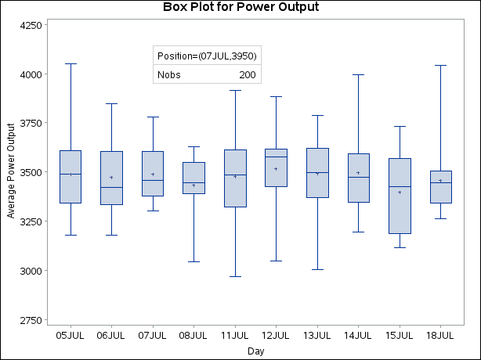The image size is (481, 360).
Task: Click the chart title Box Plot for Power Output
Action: [240, 8]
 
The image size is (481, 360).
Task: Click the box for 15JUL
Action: [400, 196]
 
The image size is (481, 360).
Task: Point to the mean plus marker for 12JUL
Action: [276, 169]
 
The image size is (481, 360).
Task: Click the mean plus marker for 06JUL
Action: [111, 178]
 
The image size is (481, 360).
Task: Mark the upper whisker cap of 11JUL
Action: [235, 90]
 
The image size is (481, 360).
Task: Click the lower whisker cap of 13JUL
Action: [317, 269]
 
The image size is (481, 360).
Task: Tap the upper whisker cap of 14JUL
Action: [358, 75]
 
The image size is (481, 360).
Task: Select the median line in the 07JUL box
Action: [153, 180]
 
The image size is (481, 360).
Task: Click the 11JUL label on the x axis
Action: [235, 335]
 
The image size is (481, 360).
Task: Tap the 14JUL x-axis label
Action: [358, 335]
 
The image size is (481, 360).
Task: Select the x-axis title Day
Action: [255, 351]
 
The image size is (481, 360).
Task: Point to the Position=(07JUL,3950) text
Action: [207, 56]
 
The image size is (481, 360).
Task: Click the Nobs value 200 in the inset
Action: [248, 75]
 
